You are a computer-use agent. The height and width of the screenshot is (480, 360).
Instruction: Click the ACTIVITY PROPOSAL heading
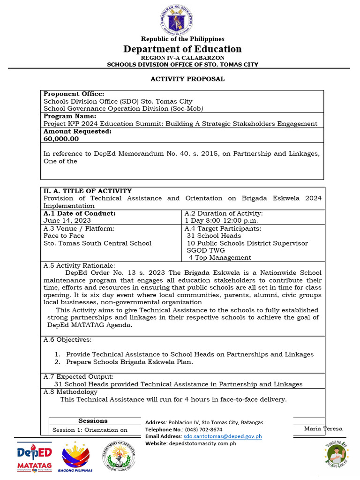(187, 79)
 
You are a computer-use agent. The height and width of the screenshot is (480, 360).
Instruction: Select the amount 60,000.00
(61, 139)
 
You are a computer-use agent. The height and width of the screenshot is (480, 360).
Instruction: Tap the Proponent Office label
(74, 94)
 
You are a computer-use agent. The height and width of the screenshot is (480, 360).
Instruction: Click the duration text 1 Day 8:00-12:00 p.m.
(221, 220)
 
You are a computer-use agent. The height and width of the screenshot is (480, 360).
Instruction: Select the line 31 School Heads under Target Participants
(214, 236)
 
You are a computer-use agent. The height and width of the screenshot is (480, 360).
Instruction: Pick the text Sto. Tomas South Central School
(97, 243)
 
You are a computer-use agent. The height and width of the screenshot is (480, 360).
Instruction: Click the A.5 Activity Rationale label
(79, 265)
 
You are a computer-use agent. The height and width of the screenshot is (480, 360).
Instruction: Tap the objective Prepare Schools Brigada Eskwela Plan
(129, 362)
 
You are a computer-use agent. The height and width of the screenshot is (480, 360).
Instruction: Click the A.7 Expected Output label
(78, 376)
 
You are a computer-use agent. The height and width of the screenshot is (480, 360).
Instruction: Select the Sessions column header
(93, 421)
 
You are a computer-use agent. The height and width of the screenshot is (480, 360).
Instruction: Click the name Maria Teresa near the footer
(323, 428)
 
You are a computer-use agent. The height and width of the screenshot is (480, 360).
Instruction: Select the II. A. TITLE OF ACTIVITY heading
(88, 191)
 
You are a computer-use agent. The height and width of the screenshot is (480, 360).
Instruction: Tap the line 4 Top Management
(220, 258)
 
